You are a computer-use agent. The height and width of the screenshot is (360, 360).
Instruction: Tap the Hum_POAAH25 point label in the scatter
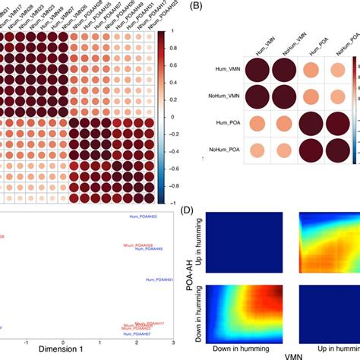tap(140, 218)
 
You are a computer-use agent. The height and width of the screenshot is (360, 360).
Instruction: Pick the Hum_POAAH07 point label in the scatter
tap(138, 334)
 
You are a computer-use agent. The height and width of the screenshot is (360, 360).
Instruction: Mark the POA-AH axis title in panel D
tap(188, 276)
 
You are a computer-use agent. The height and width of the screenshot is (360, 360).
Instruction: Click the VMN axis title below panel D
tap(285, 356)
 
